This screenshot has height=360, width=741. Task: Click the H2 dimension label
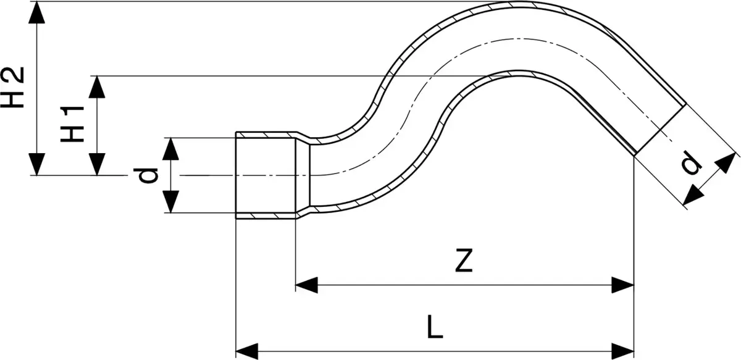click(x=12, y=87)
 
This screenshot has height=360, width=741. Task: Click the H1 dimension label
click(x=72, y=124)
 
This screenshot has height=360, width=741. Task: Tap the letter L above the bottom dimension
click(x=435, y=327)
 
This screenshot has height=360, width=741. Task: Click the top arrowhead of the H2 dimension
click(x=36, y=12)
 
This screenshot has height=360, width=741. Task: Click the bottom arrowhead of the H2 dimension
click(x=36, y=164)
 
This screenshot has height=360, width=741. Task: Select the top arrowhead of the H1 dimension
click(x=97, y=87)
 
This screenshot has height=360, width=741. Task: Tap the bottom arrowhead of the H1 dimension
click(x=97, y=164)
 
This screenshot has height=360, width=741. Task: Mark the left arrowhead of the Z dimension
click(x=306, y=285)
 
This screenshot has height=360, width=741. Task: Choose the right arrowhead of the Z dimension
click(x=623, y=285)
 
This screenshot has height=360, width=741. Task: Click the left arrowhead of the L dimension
click(x=247, y=351)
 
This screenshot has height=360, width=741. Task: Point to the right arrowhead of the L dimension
click(x=623, y=351)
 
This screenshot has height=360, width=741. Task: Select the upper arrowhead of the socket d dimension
click(x=170, y=149)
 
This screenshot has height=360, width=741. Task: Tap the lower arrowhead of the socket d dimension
click(x=170, y=201)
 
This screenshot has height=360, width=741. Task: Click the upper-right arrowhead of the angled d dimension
click(x=726, y=162)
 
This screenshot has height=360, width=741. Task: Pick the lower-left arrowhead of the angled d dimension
click(x=693, y=195)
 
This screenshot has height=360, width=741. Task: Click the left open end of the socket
click(x=236, y=175)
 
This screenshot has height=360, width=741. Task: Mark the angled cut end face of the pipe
click(x=661, y=130)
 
